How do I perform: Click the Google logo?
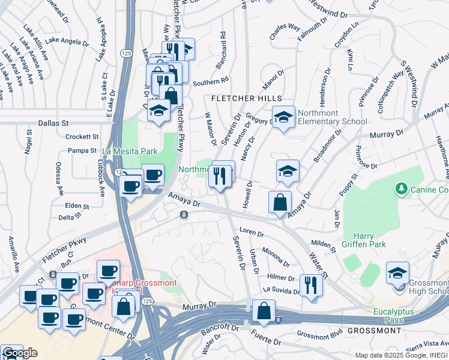(x=20, y=353)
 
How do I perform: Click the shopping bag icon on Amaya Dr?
(x=280, y=202)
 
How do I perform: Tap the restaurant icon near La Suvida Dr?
(x=311, y=284)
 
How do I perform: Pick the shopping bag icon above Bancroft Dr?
(x=264, y=311)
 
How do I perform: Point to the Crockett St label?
(x=82, y=137)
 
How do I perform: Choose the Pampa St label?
(x=82, y=151)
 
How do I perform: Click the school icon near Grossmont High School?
(x=397, y=273)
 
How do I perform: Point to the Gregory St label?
(x=260, y=120)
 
